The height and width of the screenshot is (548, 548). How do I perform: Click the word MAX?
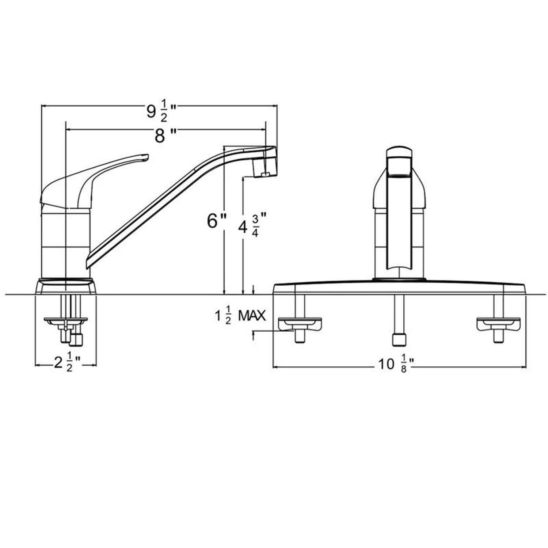click(x=252, y=316)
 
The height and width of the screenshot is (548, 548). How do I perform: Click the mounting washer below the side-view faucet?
click(x=66, y=321)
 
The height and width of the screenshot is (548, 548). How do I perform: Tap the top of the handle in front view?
click(x=399, y=151)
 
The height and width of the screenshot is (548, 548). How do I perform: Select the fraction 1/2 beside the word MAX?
click(x=228, y=316)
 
